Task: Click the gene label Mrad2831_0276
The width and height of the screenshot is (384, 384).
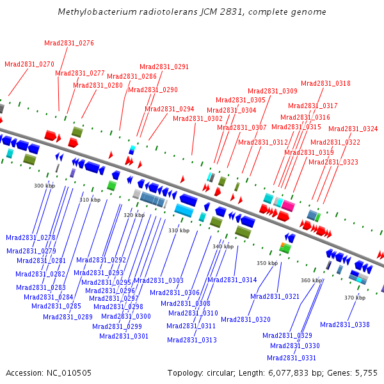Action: pyautogui.click(x=69, y=43)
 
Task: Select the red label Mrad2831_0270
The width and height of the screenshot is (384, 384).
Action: pyautogui.click(x=29, y=64)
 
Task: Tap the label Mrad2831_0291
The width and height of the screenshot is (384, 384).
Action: pyautogui.click(x=164, y=67)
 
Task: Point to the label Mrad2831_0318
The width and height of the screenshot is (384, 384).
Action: pyautogui.click(x=326, y=83)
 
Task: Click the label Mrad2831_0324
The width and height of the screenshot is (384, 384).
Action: pyautogui.click(x=353, y=129)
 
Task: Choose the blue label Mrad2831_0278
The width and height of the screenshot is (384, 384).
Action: pyautogui.click(x=31, y=237)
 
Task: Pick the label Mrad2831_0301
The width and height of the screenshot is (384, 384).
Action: pyautogui.click(x=124, y=336)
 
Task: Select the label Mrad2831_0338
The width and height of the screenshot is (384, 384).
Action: pyautogui.click(x=345, y=324)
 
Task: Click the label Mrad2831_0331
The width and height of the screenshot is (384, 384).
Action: pyautogui.click(x=291, y=358)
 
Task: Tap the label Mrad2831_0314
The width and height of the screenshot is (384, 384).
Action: pyautogui.click(x=232, y=280)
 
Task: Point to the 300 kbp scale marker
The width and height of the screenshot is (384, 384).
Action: pyautogui.click(x=45, y=186)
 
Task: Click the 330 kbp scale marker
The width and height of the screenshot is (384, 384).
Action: pyautogui.click(x=179, y=230)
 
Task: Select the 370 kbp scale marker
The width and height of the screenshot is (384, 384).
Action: pyautogui.click(x=355, y=298)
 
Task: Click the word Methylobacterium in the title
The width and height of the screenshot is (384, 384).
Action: pyautogui.click(x=97, y=12)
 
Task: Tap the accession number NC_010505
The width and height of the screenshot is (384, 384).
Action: pyautogui.click(x=69, y=373)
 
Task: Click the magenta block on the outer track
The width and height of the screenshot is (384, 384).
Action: pyautogui.click(x=288, y=205)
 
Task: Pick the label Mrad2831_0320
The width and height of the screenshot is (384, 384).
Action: pyautogui.click(x=246, y=319)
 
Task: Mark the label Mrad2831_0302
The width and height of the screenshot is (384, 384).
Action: pyautogui.click(x=198, y=119)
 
